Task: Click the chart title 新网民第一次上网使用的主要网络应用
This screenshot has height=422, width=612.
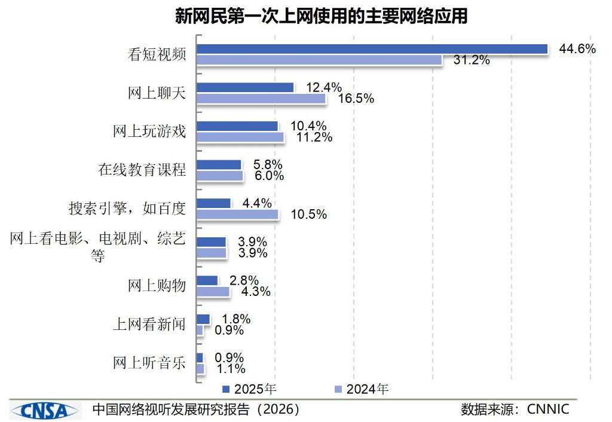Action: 320,16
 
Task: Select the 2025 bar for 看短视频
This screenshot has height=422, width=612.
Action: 372,49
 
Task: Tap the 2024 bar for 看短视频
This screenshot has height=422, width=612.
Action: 319,60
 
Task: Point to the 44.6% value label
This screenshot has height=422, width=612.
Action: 577,49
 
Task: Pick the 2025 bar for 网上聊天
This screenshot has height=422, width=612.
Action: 245,87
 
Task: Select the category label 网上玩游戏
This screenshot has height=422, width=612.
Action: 149,132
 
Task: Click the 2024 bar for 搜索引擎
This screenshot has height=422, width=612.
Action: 237,214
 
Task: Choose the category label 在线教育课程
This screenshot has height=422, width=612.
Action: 142,170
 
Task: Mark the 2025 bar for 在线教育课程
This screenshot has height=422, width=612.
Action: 219,164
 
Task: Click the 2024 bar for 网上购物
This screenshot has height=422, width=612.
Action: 213,291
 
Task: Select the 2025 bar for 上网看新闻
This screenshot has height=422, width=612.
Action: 203,319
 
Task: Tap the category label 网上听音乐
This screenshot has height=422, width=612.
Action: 149,363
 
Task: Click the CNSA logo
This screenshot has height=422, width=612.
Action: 45,410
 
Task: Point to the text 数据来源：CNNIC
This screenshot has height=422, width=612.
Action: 515,409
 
